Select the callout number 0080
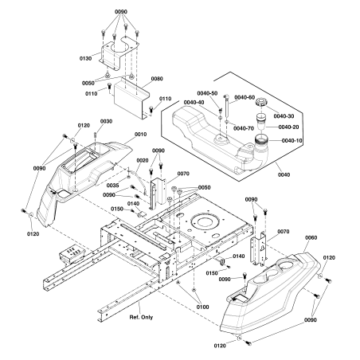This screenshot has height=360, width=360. (x=156, y=79)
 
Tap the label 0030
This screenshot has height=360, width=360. (x=107, y=121)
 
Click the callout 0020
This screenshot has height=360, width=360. (x=143, y=160)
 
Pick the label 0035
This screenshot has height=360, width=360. (x=113, y=185)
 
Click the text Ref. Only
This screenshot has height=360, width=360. (x=145, y=315)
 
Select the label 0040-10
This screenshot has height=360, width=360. (x=292, y=140)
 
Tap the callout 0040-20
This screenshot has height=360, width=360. (x=292, y=127)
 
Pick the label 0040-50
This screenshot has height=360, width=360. (x=208, y=93)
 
